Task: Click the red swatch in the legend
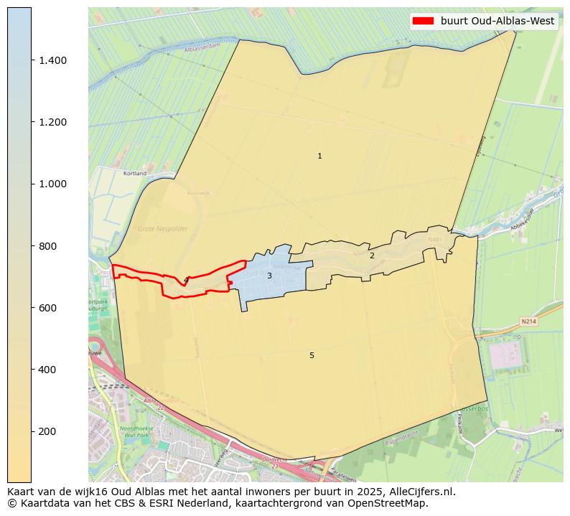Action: [424, 21]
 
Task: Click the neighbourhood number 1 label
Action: [319, 156]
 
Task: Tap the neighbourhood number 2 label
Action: [372, 255]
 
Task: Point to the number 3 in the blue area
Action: [269, 276]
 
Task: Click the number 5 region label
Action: [312, 355]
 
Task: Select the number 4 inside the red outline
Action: [186, 280]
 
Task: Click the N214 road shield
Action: [529, 322]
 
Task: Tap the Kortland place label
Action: [135, 174]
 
